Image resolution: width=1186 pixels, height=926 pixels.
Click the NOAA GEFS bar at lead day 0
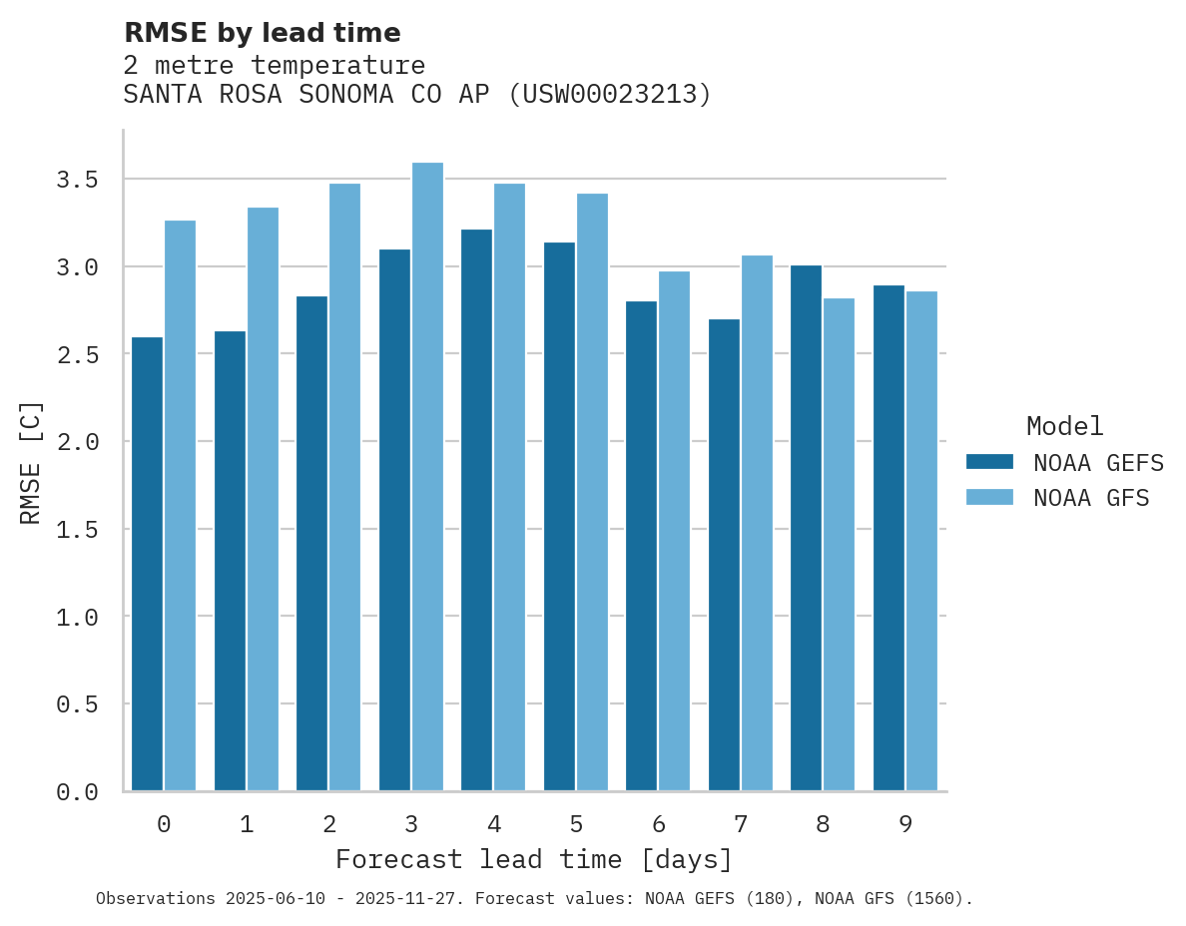(147, 564)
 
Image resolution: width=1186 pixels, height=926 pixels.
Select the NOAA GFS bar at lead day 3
(427, 477)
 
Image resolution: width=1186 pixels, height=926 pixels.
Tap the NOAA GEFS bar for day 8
(806, 528)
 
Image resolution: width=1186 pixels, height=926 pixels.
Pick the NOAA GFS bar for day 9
(921, 541)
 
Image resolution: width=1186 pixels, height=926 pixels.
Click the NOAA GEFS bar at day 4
(476, 510)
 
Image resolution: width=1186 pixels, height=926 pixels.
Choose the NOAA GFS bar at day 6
(674, 531)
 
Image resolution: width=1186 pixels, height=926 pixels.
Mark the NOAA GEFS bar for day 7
(724, 555)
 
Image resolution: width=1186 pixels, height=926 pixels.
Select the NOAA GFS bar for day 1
(263, 499)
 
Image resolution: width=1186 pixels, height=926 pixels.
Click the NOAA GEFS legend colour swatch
(989, 462)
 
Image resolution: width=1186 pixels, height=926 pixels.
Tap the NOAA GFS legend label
(1091, 498)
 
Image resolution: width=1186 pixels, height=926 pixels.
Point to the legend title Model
(1064, 427)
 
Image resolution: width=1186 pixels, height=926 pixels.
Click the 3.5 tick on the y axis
(77, 180)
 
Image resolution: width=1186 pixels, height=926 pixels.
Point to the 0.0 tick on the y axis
(77, 792)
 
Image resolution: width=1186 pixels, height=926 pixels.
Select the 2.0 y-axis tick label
(77, 442)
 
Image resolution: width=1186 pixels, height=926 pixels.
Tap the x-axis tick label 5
(576, 824)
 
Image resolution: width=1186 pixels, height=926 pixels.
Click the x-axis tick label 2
(328, 824)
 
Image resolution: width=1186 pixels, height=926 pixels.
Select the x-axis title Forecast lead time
(534, 860)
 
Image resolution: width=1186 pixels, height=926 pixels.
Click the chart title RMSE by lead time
(262, 33)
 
